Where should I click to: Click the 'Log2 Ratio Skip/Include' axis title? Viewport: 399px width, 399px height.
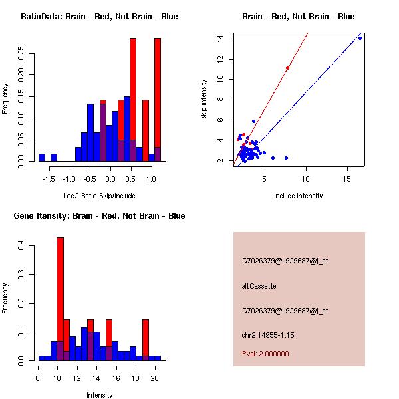99,196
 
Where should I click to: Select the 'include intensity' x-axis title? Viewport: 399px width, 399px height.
299,196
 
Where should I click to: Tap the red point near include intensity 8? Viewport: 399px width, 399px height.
287,68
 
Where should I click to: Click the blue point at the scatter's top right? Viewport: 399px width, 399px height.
360,38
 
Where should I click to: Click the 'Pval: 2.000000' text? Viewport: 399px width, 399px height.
265,354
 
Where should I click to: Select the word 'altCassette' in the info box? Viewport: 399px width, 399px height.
259,286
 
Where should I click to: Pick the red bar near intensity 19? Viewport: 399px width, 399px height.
146,339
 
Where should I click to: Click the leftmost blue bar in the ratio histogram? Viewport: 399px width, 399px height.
42,157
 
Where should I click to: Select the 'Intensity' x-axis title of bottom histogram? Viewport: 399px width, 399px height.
99,395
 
